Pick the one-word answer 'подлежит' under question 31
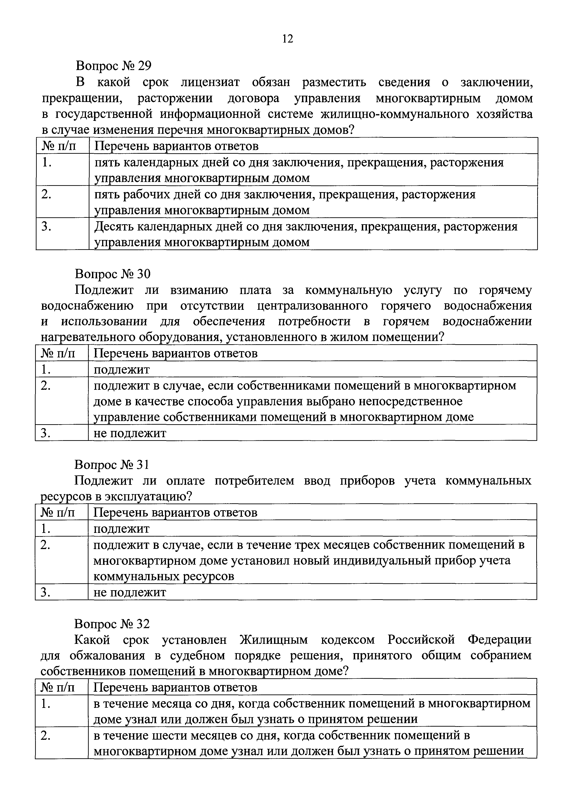122,528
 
